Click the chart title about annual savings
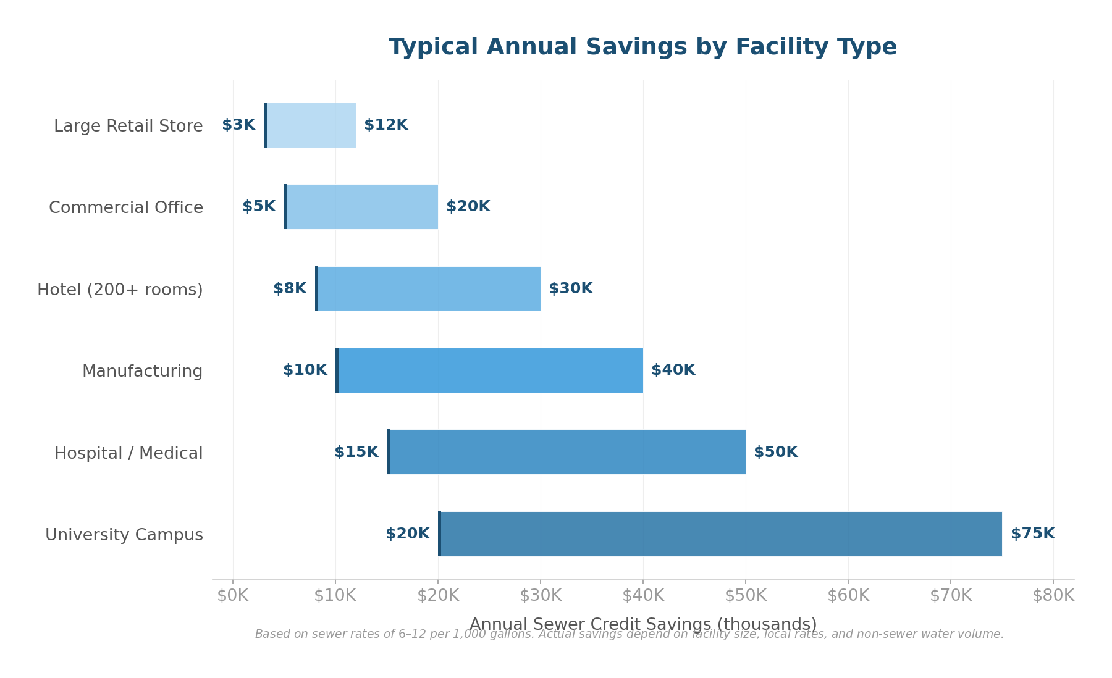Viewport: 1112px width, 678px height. pos(642,48)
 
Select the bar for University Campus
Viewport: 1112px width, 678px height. pos(720,534)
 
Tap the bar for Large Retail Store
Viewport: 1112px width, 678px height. pos(311,125)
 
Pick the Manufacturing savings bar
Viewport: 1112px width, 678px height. pos(489,370)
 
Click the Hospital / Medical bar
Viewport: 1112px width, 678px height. pos(567,452)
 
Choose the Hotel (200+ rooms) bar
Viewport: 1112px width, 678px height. pos(428,289)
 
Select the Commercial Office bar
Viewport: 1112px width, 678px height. pos(361,207)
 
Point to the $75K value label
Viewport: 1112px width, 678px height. pos(1032,534)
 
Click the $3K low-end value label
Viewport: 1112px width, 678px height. pos(238,125)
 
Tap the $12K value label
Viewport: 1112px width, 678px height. pos(386,125)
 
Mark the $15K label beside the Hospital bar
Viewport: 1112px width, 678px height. pos(356,453)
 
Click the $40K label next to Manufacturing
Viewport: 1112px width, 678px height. pos(673,370)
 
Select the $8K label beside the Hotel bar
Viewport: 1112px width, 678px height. pos(290,289)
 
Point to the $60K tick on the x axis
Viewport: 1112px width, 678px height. pos(848,596)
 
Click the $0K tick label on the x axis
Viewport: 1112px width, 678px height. pos(233,596)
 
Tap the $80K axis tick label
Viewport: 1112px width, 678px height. pos(1053,596)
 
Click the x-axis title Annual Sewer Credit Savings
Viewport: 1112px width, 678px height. pos(642,624)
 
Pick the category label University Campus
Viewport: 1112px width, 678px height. pos(124,535)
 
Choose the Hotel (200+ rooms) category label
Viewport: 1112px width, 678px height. pos(120,290)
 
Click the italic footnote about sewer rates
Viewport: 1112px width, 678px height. pos(630,635)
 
